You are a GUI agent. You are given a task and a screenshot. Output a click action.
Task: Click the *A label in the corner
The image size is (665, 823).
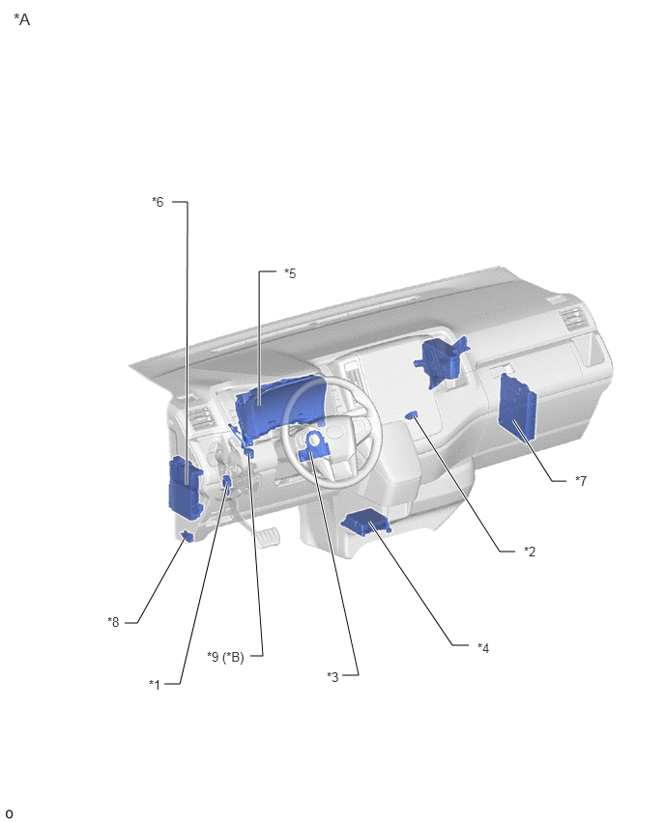[21, 19]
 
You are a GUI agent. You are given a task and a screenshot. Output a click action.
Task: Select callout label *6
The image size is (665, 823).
[158, 202]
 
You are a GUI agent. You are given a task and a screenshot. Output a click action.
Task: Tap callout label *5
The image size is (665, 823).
[290, 273]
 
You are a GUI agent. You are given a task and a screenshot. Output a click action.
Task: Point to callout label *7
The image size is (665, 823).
[581, 480]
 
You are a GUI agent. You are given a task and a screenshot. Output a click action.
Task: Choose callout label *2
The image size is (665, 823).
[530, 552]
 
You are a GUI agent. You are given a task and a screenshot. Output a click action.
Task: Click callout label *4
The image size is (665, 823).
[483, 648]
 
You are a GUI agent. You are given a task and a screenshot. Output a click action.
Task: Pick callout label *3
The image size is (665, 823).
[332, 676]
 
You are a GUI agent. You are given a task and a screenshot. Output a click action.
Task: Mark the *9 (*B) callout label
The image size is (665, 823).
[225, 657]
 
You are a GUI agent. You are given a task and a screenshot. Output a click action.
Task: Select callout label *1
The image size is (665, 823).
[155, 684]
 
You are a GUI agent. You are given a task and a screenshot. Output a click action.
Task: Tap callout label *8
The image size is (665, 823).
[113, 621]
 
